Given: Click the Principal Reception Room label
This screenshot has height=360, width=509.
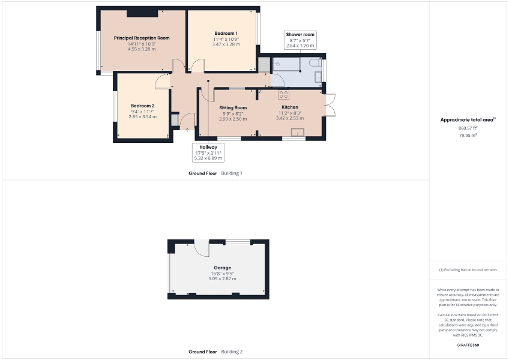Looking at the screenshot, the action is [142, 38].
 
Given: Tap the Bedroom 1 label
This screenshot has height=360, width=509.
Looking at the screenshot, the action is [226, 33].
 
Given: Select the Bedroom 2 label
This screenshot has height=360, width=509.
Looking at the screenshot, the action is [142, 106].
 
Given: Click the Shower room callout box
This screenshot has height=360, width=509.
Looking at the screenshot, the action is [300, 40].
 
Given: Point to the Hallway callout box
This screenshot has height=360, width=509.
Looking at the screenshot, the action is [208, 152].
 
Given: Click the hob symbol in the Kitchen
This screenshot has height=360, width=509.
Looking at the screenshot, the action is [283, 94].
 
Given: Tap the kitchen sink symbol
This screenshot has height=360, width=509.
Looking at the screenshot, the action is [297, 132].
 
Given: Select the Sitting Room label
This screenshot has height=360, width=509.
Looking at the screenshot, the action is [233, 108].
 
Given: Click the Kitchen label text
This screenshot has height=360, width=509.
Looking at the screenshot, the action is [290, 107].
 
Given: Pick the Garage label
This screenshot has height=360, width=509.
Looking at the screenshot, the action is [222, 268].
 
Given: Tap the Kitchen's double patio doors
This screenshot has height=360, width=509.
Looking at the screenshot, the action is [330, 105].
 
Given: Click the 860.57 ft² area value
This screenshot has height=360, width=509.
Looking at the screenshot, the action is [468, 128].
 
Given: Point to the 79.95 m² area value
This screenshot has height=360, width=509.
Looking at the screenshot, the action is [468, 136].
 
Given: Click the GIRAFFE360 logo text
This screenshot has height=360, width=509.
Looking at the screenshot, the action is [468, 345].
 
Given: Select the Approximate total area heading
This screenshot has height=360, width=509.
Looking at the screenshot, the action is [468, 120].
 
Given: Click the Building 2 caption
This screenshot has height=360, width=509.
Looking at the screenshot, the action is [232, 352].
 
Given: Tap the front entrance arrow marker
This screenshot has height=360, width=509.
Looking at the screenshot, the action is [187, 130].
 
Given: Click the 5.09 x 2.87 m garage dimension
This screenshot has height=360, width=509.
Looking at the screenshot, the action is [222, 278].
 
